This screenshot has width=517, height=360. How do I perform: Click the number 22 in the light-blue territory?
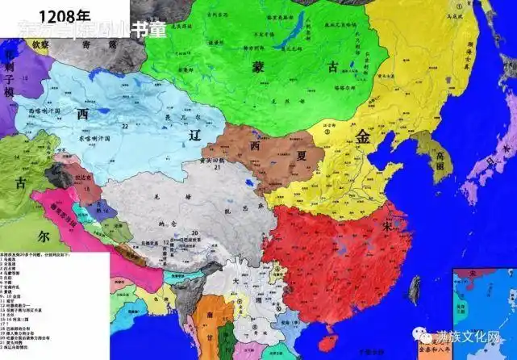pos(125,126)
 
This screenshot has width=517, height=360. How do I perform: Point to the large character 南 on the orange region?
pos(205,316)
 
